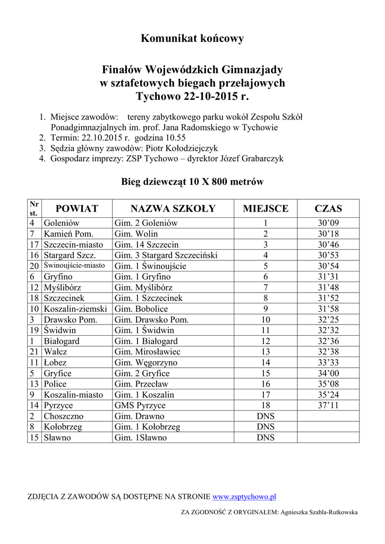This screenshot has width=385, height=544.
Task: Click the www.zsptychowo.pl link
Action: [x=244, y=497]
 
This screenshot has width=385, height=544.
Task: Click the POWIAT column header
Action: [x=77, y=208]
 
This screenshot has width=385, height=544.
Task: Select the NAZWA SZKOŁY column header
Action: [x=173, y=208]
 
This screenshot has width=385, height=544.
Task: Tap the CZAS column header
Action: [x=328, y=208]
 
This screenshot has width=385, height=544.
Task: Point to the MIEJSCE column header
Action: [x=266, y=208]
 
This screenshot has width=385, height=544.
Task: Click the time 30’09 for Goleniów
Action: [x=328, y=223]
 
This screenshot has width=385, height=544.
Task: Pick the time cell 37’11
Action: [x=328, y=405]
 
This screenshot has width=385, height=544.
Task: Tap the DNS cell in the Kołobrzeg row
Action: [x=266, y=427]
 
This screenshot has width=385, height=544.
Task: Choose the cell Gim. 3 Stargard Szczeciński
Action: [x=166, y=255]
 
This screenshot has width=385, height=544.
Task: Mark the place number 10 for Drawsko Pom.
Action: [x=266, y=319]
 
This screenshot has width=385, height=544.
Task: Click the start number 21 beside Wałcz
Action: [x=34, y=352]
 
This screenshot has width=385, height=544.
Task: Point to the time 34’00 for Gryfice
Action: [x=328, y=373]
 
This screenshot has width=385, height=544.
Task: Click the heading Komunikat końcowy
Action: [x=192, y=38]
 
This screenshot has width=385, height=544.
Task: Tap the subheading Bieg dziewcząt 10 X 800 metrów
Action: [x=192, y=182]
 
